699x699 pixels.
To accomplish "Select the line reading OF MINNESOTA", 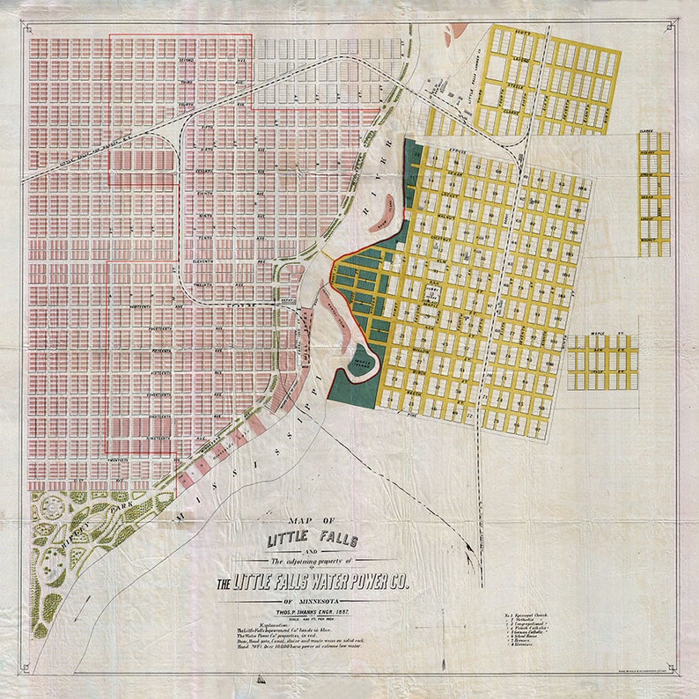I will [x=311, y=603].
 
